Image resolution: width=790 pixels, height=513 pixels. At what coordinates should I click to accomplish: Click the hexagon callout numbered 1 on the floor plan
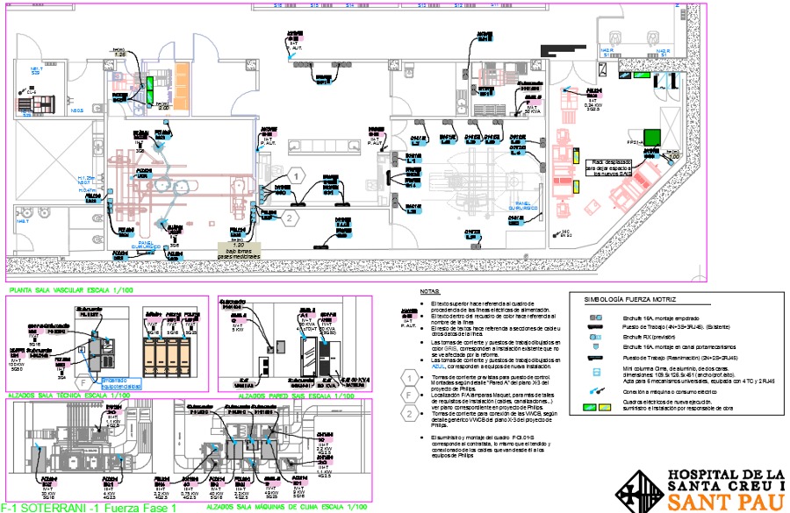point(298,176)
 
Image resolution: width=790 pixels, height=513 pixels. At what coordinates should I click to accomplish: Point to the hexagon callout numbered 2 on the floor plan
point(291,217)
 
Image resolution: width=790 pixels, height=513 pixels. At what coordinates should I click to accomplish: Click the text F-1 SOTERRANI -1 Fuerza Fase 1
point(83,508)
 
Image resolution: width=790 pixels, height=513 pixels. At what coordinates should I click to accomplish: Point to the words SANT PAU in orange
point(726,502)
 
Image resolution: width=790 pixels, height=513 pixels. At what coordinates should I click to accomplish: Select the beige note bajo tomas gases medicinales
point(239,251)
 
